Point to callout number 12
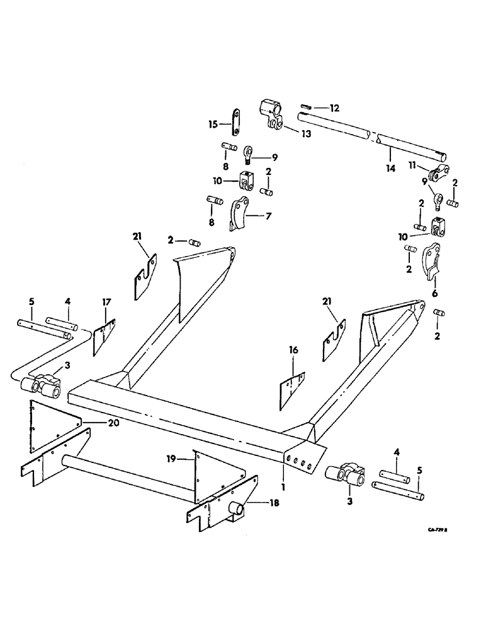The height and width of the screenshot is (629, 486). point(334,108)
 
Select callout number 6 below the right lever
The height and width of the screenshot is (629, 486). point(434,293)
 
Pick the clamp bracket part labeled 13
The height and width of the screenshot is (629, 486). point(269,113)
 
